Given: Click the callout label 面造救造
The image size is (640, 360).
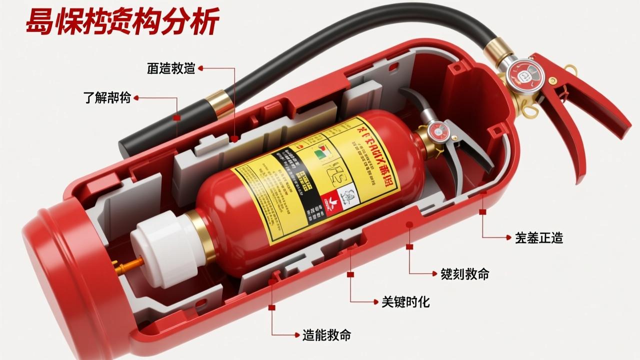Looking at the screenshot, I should point(170,68).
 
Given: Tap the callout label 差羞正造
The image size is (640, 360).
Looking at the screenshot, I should point(539,238).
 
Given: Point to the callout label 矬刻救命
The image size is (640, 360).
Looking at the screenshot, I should point(464,273).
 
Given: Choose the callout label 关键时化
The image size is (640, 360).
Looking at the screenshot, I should point(405,301).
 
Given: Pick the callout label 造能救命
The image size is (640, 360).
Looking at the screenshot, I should point(326,335).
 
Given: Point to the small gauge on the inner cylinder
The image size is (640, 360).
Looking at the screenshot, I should point(439,131).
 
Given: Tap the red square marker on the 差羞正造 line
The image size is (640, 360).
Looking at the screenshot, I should point(482,212).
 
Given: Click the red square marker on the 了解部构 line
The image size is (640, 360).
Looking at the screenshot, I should point(176,118).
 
